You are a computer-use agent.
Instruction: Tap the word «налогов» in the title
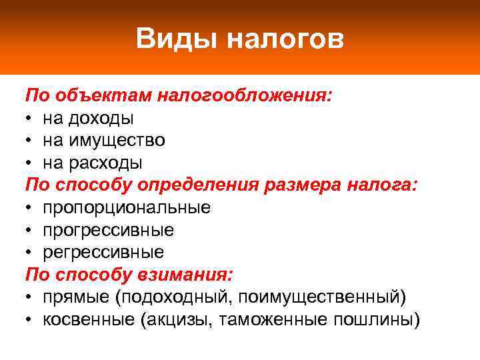[285, 39]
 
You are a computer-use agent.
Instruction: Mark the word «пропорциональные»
[127, 208]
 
